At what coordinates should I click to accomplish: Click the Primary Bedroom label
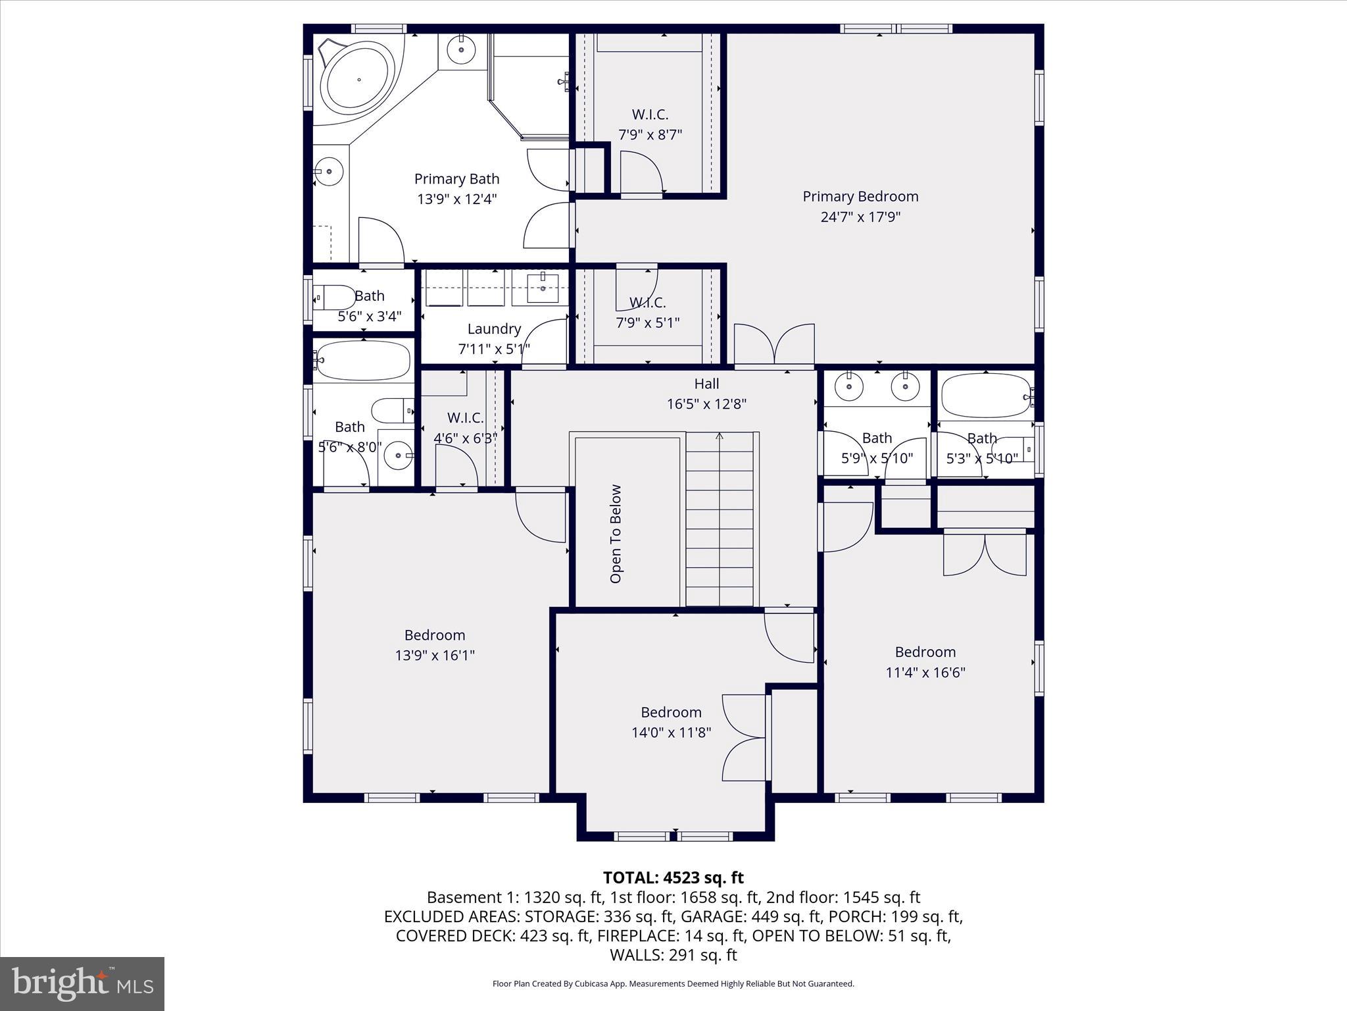tap(860, 196)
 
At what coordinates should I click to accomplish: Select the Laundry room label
tap(494, 328)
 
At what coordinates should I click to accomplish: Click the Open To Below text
tap(616, 534)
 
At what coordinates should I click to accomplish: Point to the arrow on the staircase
tap(720, 436)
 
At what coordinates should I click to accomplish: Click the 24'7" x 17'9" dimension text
tap(860, 217)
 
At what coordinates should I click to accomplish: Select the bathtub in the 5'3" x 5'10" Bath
tap(985, 396)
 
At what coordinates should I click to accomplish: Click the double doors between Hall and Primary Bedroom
tap(775, 345)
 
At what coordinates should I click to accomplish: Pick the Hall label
tap(706, 384)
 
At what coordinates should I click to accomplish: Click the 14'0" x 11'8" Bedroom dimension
tap(671, 733)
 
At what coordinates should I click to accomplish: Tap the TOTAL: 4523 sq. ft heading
tap(673, 877)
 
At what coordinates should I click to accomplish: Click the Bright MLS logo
tap(82, 984)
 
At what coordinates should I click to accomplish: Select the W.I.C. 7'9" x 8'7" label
tap(650, 124)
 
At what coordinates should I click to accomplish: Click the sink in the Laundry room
tap(543, 288)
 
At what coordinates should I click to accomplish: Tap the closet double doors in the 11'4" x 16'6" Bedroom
tap(985, 555)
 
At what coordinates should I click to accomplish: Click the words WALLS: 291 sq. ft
tap(673, 955)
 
